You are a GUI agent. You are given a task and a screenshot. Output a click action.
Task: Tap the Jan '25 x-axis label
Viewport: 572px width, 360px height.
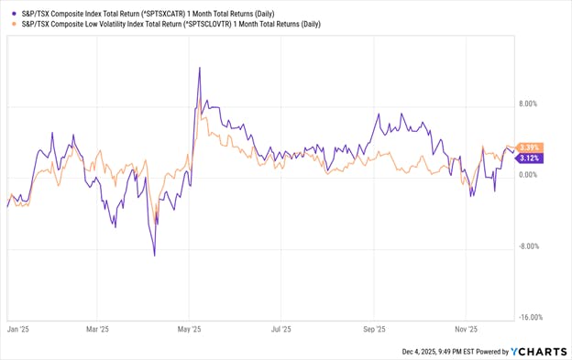click(x=19, y=327)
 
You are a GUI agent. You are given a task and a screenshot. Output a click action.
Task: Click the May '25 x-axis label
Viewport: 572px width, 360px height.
click(x=189, y=327)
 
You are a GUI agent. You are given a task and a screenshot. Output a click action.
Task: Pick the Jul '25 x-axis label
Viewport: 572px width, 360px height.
click(x=280, y=327)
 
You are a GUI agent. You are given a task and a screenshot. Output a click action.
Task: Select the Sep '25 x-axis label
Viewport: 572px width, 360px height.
click(x=374, y=327)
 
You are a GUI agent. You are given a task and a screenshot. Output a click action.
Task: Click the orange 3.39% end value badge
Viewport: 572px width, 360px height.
click(x=530, y=147)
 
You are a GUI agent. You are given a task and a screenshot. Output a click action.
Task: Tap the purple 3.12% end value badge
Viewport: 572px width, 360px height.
click(x=530, y=158)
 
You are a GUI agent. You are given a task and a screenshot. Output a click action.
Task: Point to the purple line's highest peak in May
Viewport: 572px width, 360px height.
click(x=199, y=69)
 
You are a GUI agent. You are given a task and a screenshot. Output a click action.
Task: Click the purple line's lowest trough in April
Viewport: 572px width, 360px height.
click(x=154, y=256)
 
